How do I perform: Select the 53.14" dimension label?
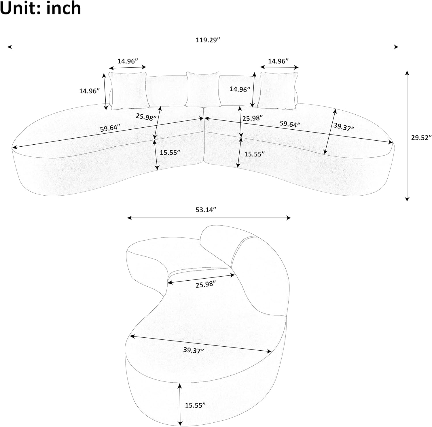pos(206,210)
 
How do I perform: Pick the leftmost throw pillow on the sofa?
pos(128,90)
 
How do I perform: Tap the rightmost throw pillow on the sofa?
pos(278,90)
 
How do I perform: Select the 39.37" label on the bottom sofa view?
pos(194,350)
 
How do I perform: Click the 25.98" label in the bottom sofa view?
pos(206,284)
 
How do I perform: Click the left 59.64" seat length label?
pos(110,128)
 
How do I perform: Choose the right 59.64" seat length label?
pos(290,124)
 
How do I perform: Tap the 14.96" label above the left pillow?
pos(128,61)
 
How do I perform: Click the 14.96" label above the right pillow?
pos(278,61)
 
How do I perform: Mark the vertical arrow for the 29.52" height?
pos(407,135)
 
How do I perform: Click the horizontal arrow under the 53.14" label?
pos(209,218)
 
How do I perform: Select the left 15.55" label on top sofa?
pos(170,152)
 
